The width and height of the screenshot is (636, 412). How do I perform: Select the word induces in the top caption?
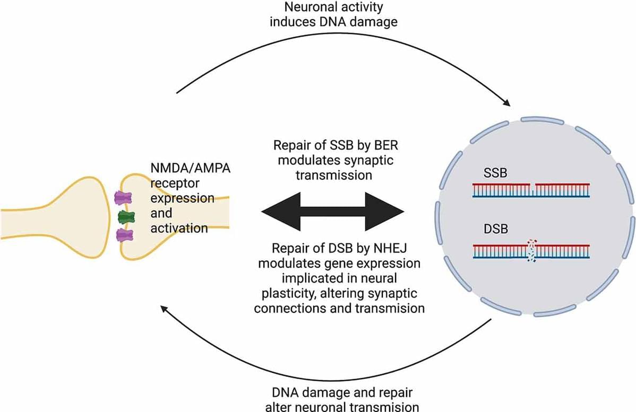tap(292, 23)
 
